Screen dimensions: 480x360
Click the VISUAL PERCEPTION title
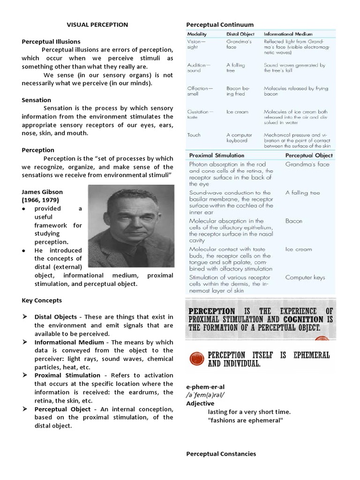tap(97, 24)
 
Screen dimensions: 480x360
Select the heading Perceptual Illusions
tap(51, 42)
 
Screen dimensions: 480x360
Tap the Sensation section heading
tap(37, 100)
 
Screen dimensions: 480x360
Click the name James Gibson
tap(42, 192)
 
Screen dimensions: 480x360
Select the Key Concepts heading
tap(42, 300)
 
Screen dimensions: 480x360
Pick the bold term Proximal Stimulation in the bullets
tap(67, 375)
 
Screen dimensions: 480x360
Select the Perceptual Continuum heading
tap(220, 24)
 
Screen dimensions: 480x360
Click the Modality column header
tap(197, 34)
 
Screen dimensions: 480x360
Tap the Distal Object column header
tap(240, 34)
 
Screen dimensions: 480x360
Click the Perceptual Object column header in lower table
tap(309, 155)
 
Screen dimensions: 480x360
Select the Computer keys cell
tap(306, 277)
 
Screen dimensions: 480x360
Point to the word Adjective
tap(200, 403)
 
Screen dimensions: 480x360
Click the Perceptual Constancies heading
tap(221, 454)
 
